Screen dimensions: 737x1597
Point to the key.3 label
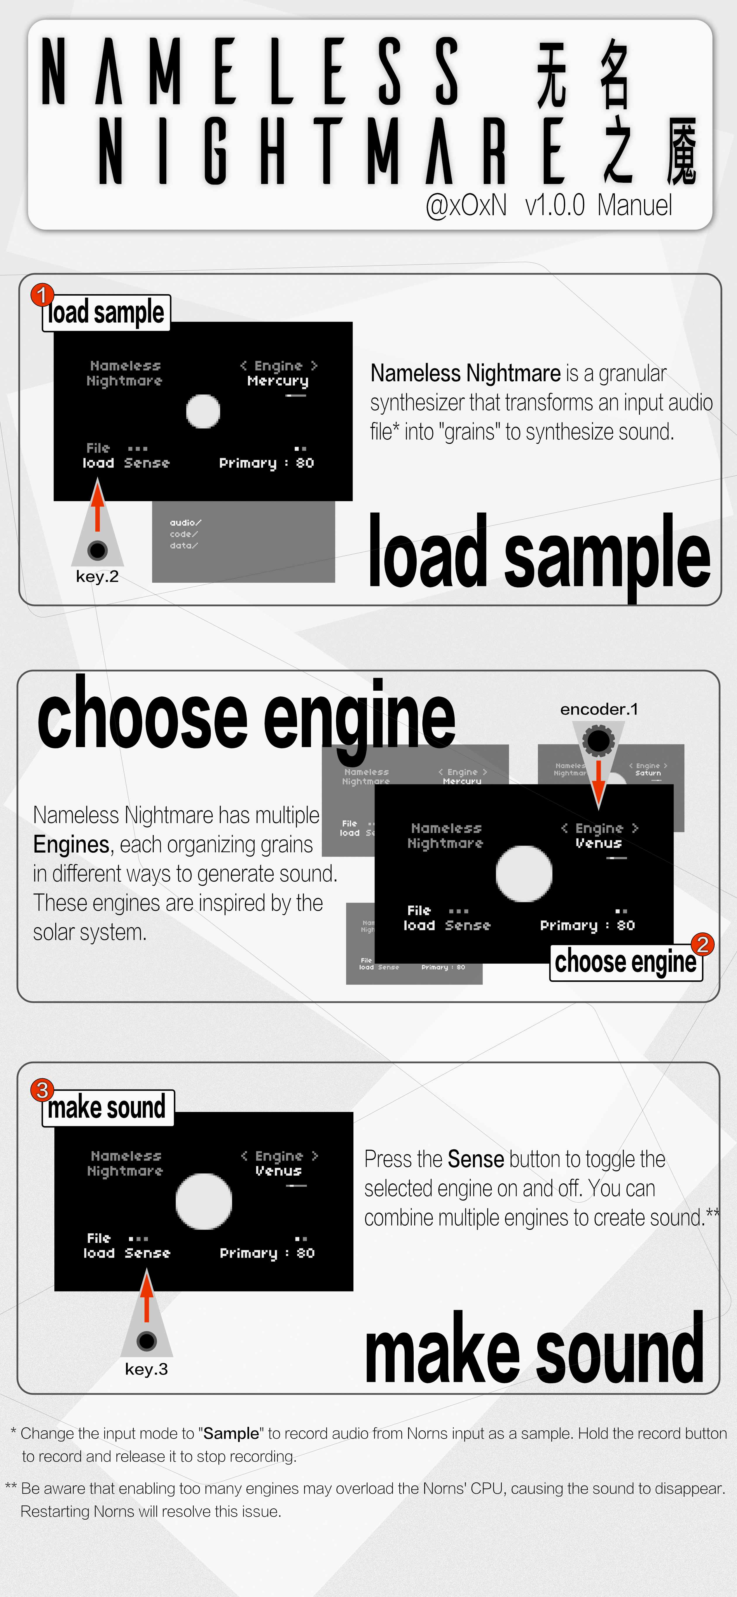tap(146, 1369)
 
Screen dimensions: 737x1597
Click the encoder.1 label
tap(599, 709)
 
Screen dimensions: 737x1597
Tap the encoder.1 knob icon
tap(598, 740)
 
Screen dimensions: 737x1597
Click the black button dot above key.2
tap(97, 550)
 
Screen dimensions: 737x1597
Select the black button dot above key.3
tap(146, 1341)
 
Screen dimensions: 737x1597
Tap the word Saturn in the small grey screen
tap(648, 773)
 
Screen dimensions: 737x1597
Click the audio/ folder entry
tap(185, 522)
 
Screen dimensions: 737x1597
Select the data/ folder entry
tap(184, 546)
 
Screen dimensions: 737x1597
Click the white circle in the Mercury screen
tap(203, 411)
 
